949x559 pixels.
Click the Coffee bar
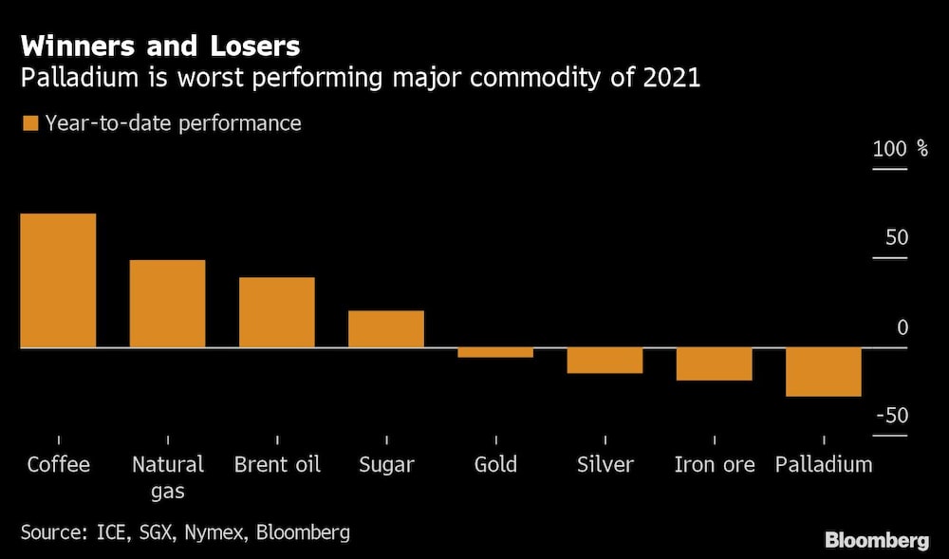[x=58, y=281]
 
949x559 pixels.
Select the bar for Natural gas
[x=167, y=304]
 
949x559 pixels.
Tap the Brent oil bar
[x=276, y=312]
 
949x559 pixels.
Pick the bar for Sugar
[x=386, y=328]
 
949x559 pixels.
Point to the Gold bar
[x=495, y=353]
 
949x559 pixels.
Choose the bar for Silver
[x=605, y=361]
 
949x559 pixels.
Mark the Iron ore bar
[x=715, y=364]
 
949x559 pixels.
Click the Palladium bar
[x=824, y=372]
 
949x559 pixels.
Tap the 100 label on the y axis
[x=890, y=149]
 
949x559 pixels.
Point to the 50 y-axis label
[x=897, y=238]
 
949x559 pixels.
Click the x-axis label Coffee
[x=59, y=464]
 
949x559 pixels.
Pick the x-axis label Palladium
[x=824, y=464]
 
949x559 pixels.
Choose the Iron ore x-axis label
[x=715, y=464]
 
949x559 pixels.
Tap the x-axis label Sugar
[x=386, y=464]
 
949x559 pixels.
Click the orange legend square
[x=29, y=123]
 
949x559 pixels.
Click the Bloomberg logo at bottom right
[x=877, y=541]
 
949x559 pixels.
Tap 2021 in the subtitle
[x=671, y=78]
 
